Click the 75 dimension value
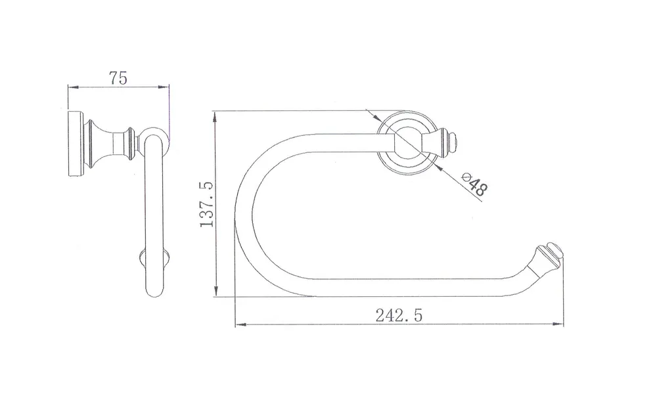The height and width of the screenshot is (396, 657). pyautogui.click(x=118, y=78)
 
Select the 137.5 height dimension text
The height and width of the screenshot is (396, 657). pyautogui.click(x=206, y=204)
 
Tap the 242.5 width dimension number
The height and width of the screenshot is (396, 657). pyautogui.click(x=399, y=315)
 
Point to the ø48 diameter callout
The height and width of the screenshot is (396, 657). pyautogui.click(x=474, y=184)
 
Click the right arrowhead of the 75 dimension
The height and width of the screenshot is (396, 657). pyautogui.click(x=164, y=87)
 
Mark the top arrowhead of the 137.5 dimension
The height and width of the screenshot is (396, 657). pyautogui.click(x=215, y=117)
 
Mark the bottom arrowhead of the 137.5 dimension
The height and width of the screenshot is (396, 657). pyautogui.click(x=215, y=290)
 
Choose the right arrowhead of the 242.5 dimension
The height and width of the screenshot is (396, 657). pyautogui.click(x=558, y=324)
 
